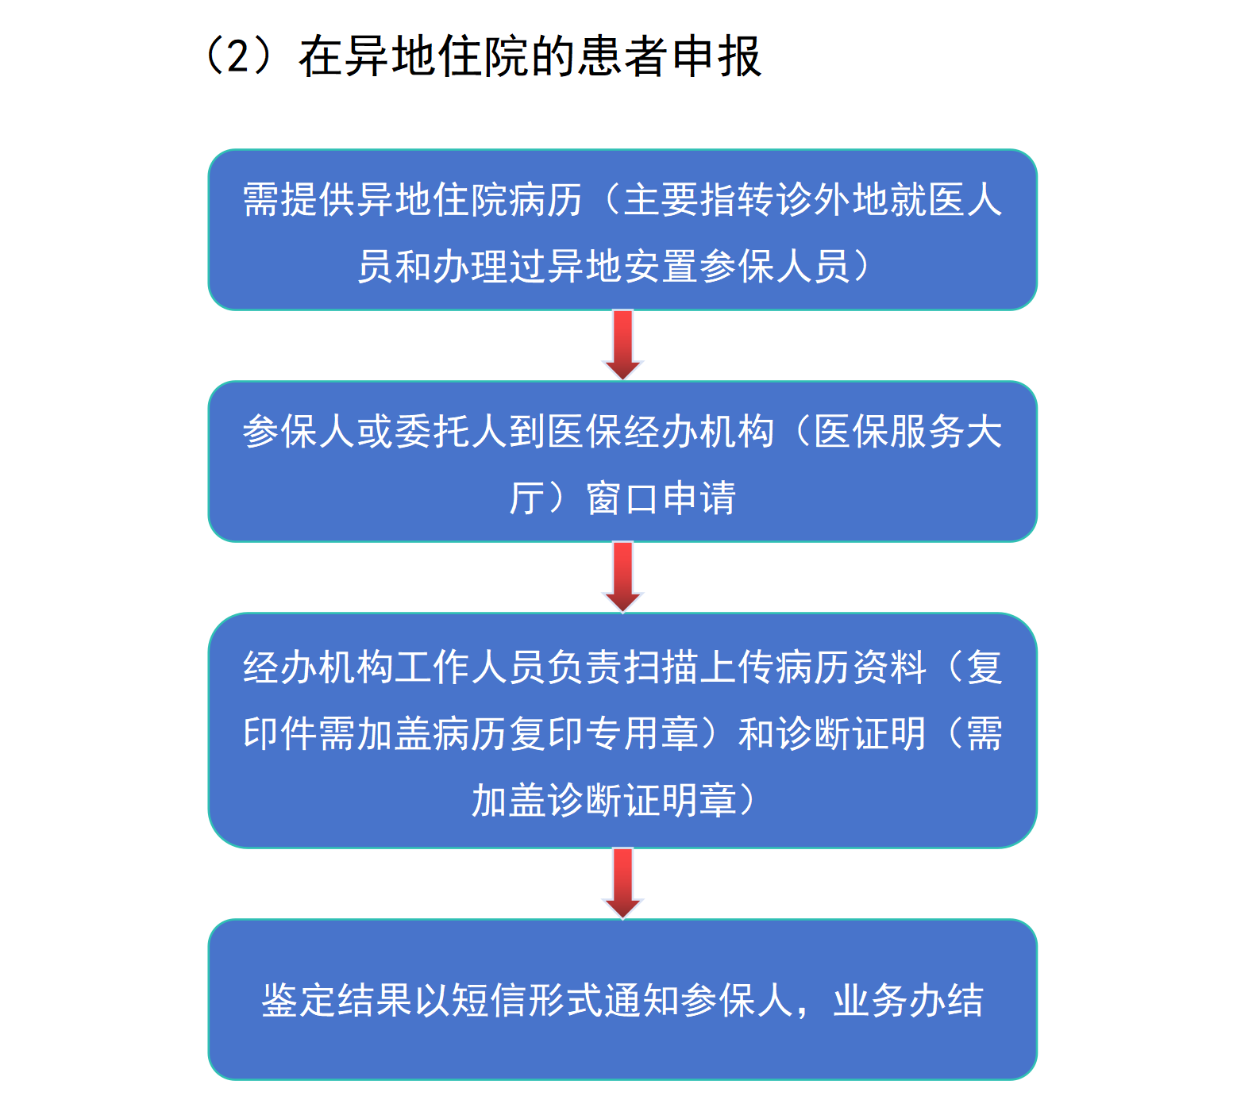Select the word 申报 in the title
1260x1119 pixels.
tap(717, 56)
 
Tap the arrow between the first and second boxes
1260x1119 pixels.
tap(623, 344)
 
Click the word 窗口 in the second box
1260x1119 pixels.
tap(622, 498)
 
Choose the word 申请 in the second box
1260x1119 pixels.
tap(699, 498)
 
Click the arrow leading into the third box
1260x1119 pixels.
tap(623, 577)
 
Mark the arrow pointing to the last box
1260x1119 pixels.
tap(623, 883)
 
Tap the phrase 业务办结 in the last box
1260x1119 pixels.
tap(908, 1000)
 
